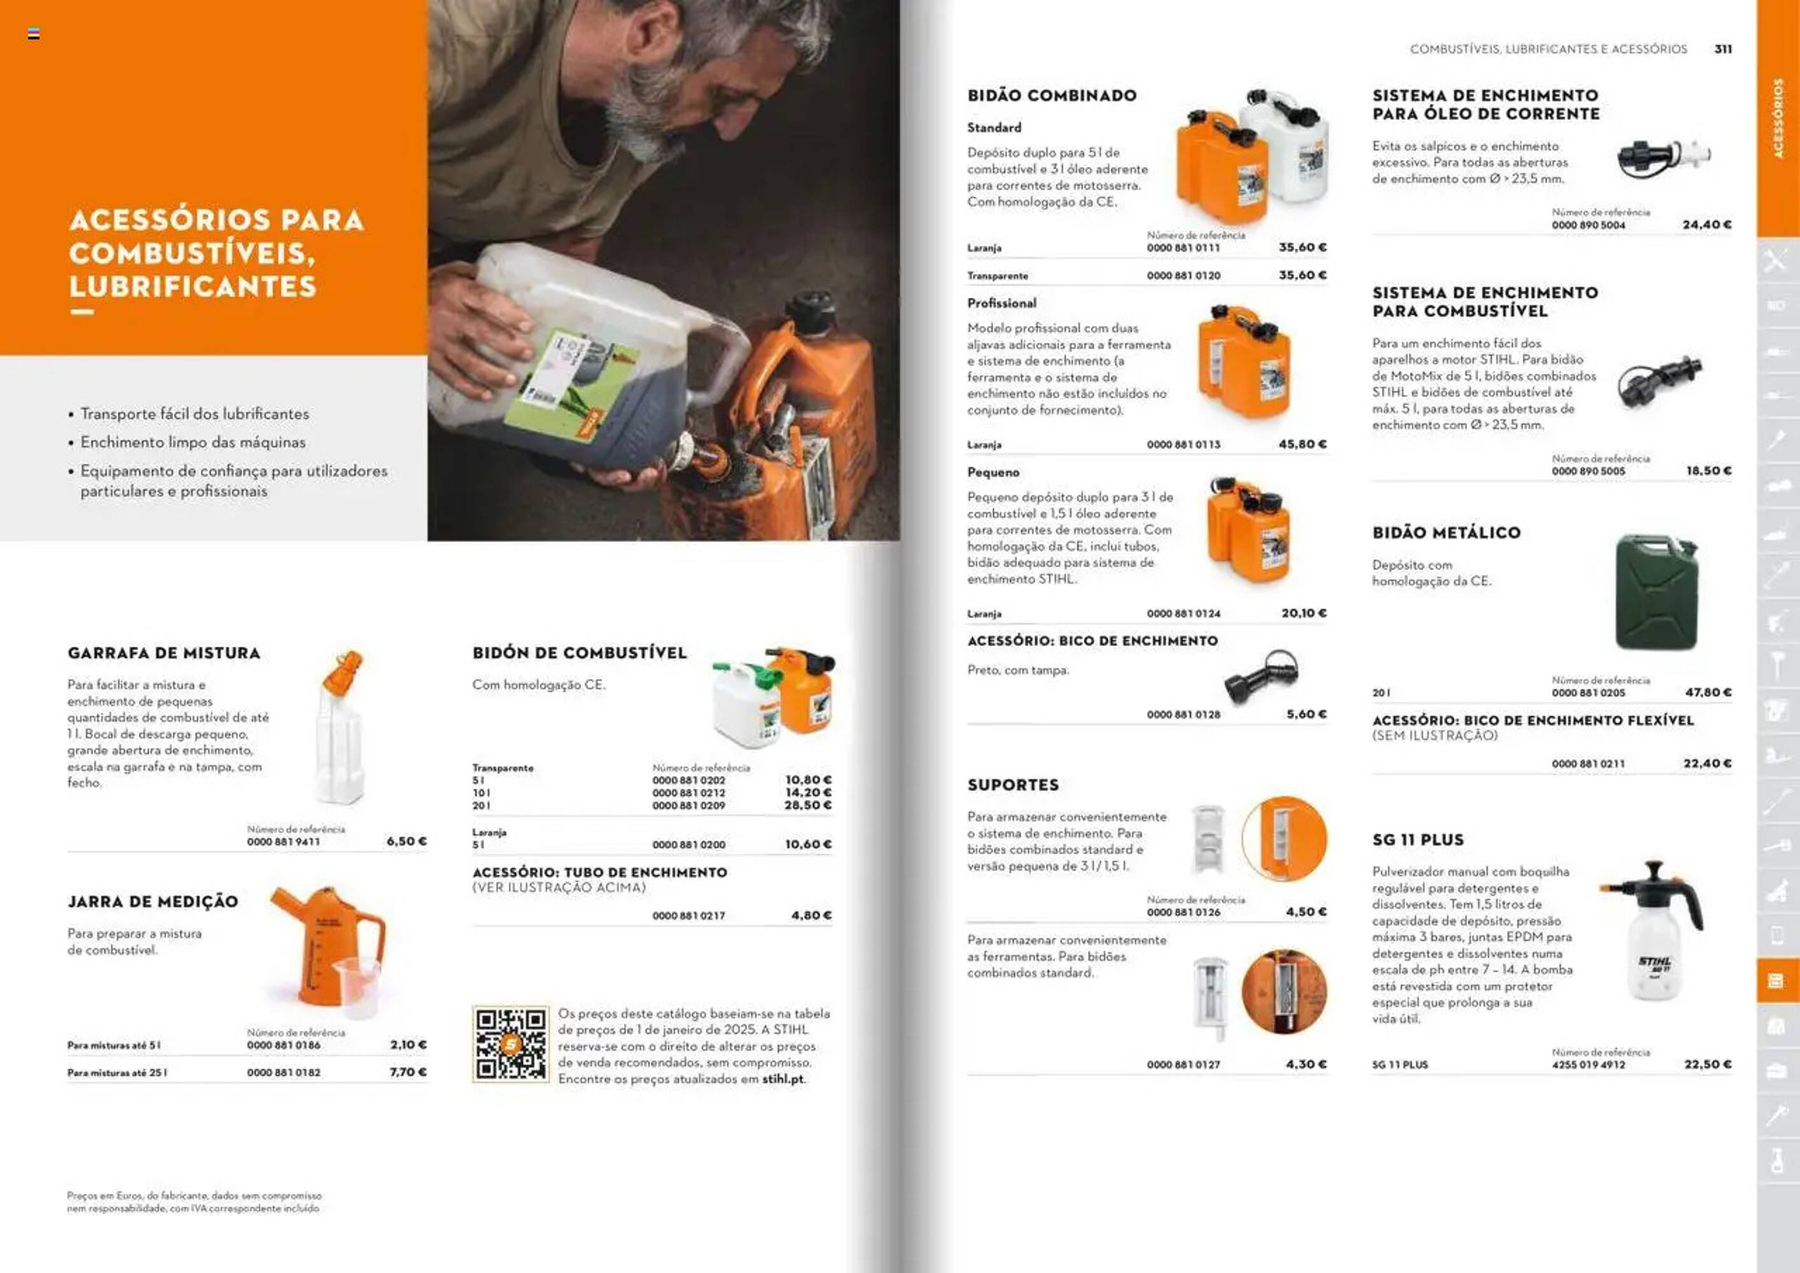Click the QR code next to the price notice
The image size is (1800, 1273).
click(x=510, y=1044)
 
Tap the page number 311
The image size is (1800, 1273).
click(x=1722, y=48)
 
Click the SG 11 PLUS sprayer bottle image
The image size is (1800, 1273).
click(x=1652, y=933)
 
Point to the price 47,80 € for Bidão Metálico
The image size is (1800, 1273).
click(x=1708, y=693)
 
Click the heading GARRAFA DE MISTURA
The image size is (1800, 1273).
click(x=164, y=652)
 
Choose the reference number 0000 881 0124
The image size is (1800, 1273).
click(x=1183, y=614)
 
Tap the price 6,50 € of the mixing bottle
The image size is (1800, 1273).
click(x=406, y=841)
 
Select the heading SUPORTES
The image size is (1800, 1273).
click(x=1013, y=784)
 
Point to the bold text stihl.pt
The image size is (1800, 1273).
click(x=783, y=1080)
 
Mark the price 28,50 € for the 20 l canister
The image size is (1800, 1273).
click(x=807, y=806)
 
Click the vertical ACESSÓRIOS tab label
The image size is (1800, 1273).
click(x=1777, y=118)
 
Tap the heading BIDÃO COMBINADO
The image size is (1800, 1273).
click(x=1051, y=95)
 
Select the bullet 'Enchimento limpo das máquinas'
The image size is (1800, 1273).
click(x=193, y=442)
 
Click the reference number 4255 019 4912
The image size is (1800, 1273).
click(x=1587, y=1064)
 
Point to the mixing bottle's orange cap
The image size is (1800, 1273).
click(x=345, y=672)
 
